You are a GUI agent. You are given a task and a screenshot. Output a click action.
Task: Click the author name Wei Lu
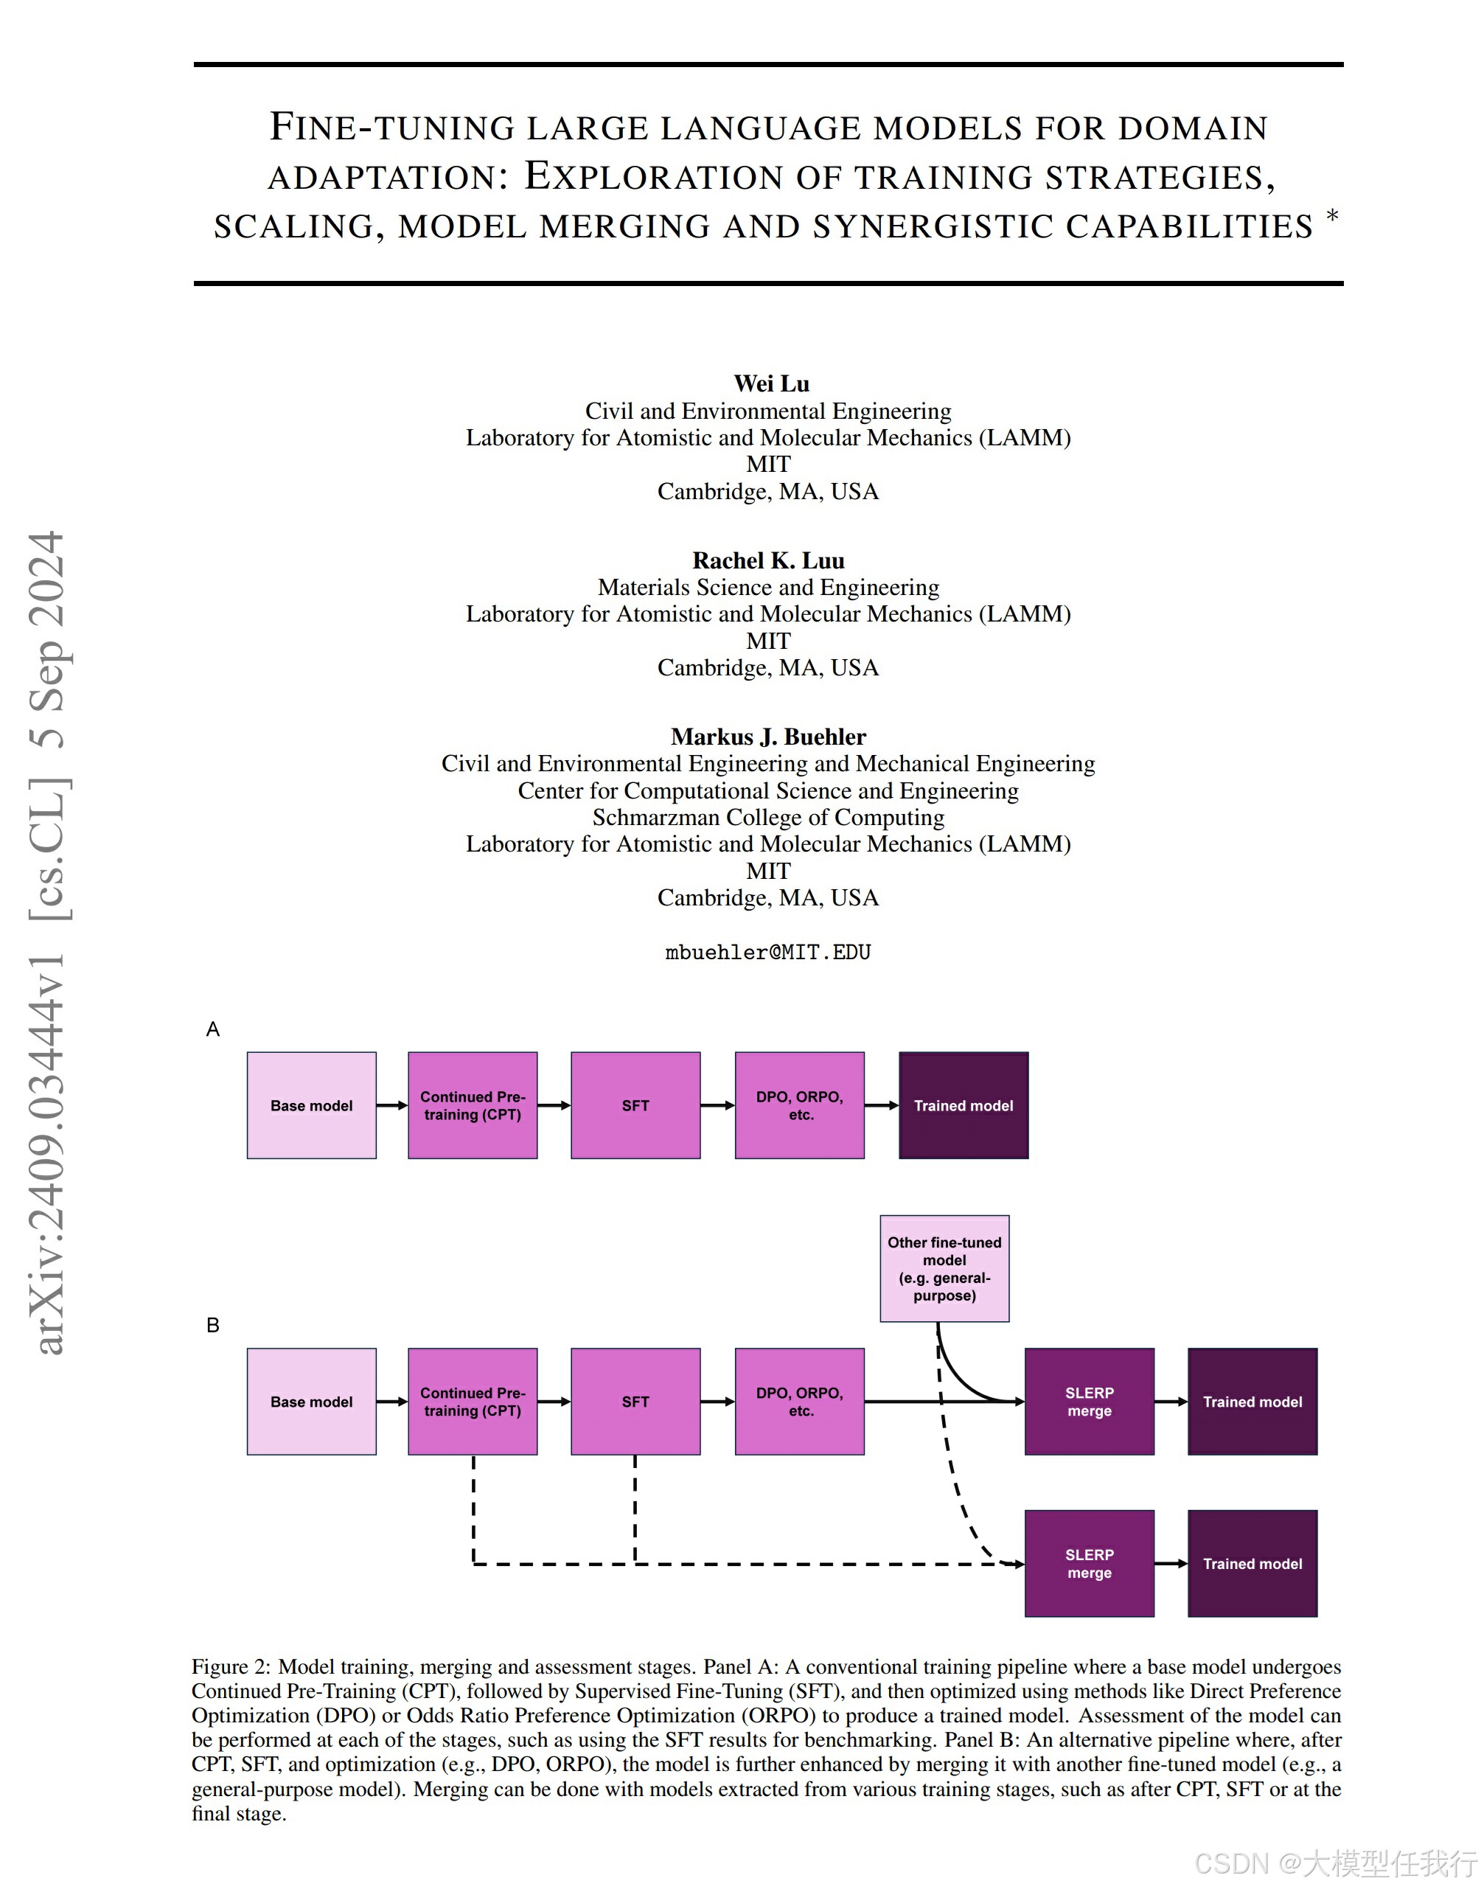point(771,383)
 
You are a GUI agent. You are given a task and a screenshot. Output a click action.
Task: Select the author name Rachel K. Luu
point(768,560)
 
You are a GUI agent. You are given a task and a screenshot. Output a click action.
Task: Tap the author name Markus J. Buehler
point(768,737)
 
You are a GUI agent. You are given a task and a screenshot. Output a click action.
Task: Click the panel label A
point(213,1029)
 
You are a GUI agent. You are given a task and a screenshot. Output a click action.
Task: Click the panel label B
point(213,1325)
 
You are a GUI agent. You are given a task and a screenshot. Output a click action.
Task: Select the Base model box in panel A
point(311,1106)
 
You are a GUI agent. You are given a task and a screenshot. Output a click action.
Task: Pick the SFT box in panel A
point(635,1106)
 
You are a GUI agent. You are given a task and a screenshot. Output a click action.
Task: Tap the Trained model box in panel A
point(963,1106)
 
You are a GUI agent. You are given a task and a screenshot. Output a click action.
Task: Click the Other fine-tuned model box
point(944,1269)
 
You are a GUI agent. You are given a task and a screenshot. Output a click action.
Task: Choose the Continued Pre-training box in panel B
point(473,1402)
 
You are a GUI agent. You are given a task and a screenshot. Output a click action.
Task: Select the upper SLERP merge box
point(1089,1402)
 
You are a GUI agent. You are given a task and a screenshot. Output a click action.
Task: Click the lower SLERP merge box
point(1089,1564)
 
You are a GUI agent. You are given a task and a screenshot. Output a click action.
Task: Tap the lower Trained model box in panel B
point(1252,1564)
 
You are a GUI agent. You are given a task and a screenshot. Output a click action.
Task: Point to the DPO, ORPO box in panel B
point(799,1402)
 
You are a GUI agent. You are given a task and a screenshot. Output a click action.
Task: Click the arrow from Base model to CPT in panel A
point(392,1106)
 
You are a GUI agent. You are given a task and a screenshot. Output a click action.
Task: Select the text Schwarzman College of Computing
point(768,817)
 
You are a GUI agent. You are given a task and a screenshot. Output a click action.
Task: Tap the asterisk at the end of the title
point(1333,215)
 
